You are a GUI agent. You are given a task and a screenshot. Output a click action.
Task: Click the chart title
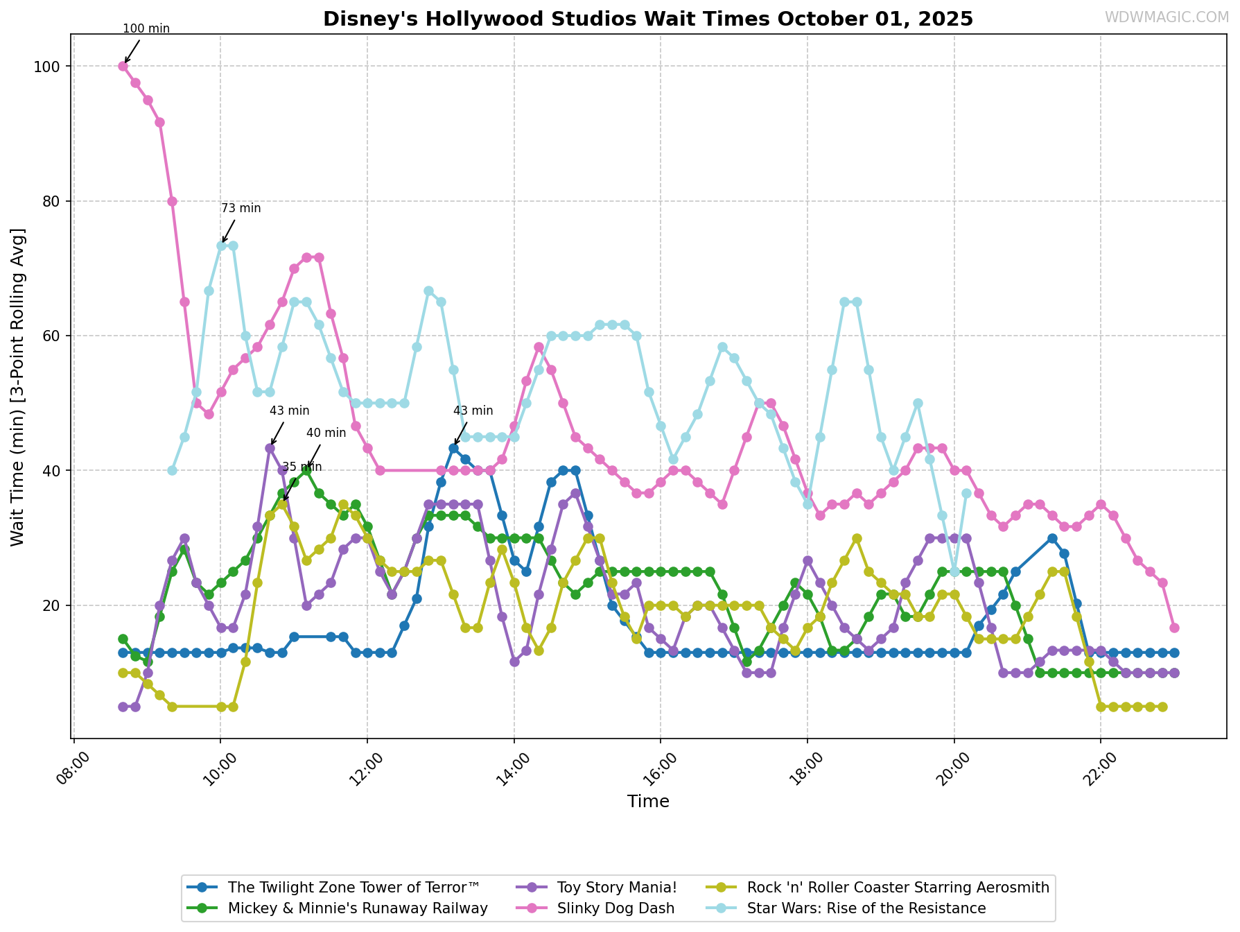(x=647, y=19)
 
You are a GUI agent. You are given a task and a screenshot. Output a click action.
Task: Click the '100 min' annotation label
(x=146, y=28)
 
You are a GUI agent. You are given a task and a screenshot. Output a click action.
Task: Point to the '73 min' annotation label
(x=241, y=208)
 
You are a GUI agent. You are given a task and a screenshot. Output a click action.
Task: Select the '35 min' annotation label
(x=302, y=467)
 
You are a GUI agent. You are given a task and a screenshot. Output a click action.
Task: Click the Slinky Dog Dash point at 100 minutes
(x=123, y=67)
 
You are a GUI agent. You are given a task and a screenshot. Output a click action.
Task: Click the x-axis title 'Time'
(x=648, y=802)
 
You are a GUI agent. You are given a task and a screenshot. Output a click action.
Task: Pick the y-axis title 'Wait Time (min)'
(x=18, y=386)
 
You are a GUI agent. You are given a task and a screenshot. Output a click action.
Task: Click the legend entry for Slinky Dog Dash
(x=615, y=908)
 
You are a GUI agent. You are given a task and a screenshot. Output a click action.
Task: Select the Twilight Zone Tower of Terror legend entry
(x=353, y=887)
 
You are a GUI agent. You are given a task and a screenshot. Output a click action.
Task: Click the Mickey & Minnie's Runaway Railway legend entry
(x=358, y=908)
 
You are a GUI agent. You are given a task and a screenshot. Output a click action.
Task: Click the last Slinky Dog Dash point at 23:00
(x=1174, y=628)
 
